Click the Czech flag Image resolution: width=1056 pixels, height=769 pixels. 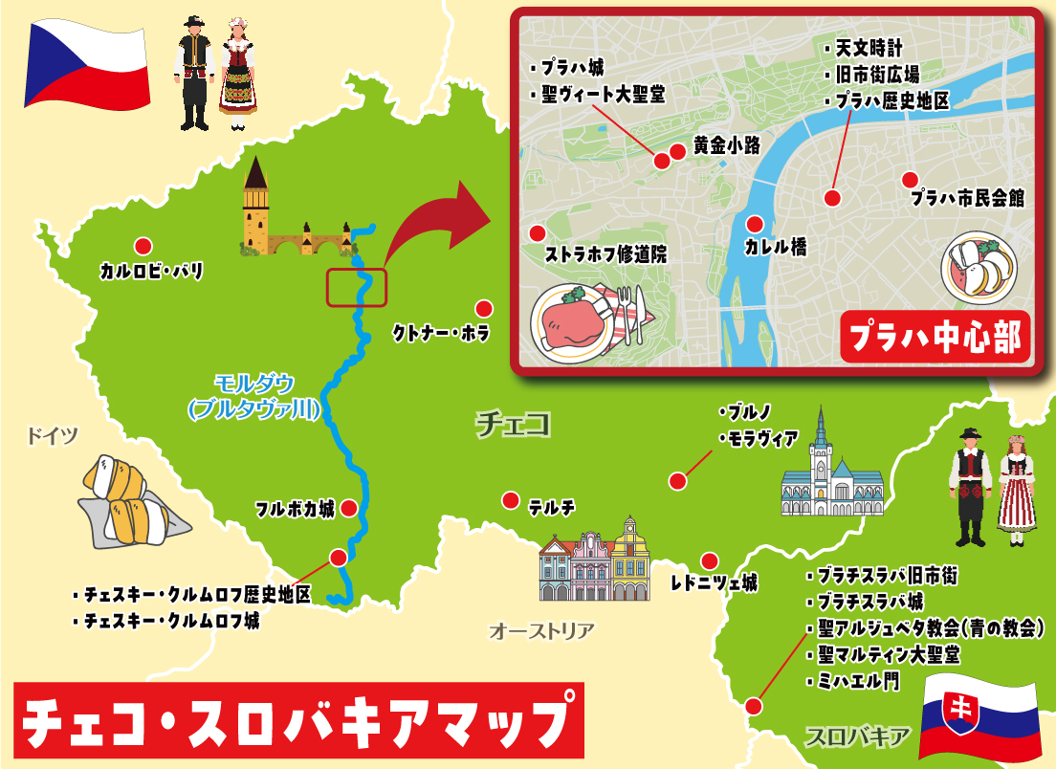(88, 64)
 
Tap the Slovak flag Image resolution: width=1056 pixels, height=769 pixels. (978, 716)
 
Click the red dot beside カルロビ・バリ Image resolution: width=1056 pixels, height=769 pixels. (143, 246)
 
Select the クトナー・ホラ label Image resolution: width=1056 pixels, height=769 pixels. (441, 334)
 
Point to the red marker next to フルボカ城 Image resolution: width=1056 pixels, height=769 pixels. (350, 508)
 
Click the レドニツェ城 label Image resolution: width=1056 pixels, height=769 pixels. (714, 582)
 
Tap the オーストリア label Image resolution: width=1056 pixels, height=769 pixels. (541, 631)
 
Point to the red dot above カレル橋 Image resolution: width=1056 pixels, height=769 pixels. (755, 225)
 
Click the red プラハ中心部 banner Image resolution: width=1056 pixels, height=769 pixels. (935, 338)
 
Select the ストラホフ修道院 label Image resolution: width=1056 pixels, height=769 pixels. (605, 254)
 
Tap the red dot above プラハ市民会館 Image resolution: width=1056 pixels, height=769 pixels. (909, 179)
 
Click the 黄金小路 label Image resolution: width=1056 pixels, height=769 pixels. (726, 146)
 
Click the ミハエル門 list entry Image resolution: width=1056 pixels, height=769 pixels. (859, 681)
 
